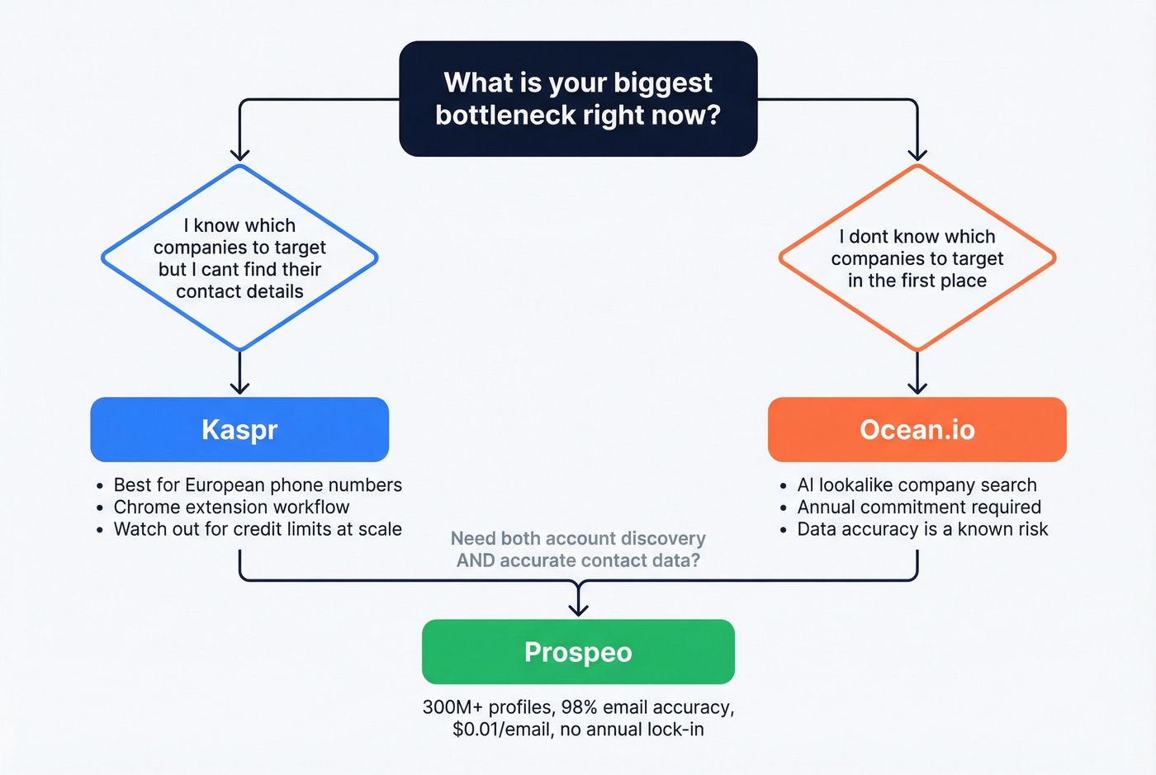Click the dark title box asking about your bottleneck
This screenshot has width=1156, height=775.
point(578,98)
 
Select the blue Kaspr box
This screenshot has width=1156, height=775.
point(239,429)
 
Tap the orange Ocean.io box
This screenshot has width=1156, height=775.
point(917,429)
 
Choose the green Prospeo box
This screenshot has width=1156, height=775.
point(578,652)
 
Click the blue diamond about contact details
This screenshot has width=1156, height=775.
point(239,258)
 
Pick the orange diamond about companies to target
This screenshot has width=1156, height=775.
point(917,258)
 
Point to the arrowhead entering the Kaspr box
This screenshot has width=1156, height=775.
point(239,388)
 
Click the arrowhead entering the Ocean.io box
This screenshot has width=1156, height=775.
point(917,388)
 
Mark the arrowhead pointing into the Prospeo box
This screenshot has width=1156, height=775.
point(578,610)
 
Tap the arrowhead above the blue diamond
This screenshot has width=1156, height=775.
point(239,154)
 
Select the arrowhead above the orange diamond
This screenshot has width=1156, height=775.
point(917,154)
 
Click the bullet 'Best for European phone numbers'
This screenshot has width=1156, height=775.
point(258,485)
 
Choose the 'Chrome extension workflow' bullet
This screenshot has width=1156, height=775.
point(231,507)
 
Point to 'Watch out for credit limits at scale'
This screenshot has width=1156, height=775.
point(258,529)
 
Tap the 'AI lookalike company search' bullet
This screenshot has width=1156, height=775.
point(917,485)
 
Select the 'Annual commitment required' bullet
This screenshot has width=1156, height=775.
point(919,507)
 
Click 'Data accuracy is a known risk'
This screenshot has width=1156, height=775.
point(922,529)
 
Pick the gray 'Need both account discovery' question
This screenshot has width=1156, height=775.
point(578,549)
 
